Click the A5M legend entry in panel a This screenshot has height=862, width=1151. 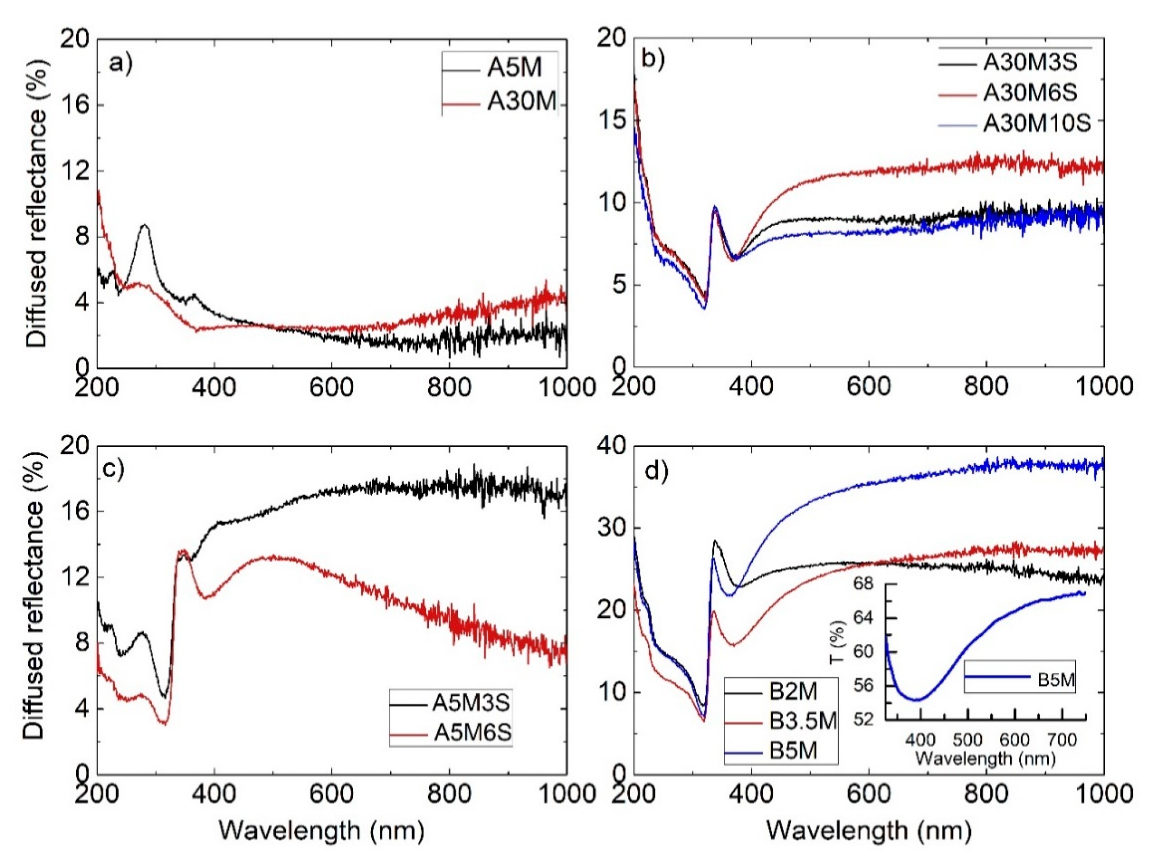[x=514, y=68]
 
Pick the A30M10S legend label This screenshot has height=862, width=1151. [x=1037, y=124]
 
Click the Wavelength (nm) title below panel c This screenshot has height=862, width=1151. [x=321, y=830]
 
